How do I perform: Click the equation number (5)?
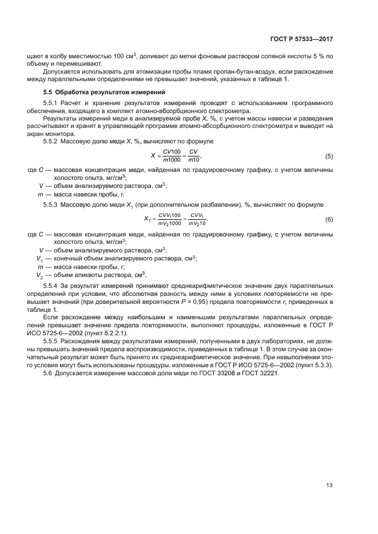tap(329, 156)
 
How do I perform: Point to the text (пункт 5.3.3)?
tap(312, 365)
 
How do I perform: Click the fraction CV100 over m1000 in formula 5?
tap(171, 156)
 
